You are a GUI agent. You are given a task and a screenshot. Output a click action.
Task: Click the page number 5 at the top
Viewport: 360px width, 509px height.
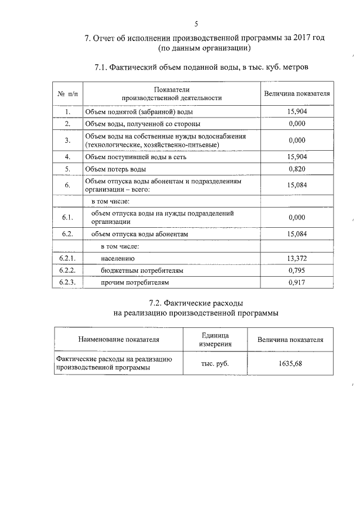[196, 24]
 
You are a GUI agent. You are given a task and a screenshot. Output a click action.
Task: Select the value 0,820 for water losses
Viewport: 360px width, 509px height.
[296, 169]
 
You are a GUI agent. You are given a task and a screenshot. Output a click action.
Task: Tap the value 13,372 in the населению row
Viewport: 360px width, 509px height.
[296, 259]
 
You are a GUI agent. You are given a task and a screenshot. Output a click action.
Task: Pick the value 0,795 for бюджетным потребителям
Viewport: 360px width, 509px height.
[296, 271]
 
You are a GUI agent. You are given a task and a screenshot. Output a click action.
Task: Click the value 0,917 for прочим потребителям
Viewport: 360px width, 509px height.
[296, 282]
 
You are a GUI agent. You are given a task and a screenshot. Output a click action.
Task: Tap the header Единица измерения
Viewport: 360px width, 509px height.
[215, 340]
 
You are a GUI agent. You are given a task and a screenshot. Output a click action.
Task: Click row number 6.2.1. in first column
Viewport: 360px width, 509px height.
[67, 259]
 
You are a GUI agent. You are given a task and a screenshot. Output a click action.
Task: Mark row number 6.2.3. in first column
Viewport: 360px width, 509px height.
[67, 282]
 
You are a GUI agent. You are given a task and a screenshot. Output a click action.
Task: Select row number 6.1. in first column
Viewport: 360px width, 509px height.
[67, 218]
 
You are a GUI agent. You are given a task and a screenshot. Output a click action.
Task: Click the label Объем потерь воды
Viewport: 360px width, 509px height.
[116, 169]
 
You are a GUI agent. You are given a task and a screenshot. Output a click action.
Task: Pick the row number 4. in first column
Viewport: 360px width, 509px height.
[67, 157]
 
